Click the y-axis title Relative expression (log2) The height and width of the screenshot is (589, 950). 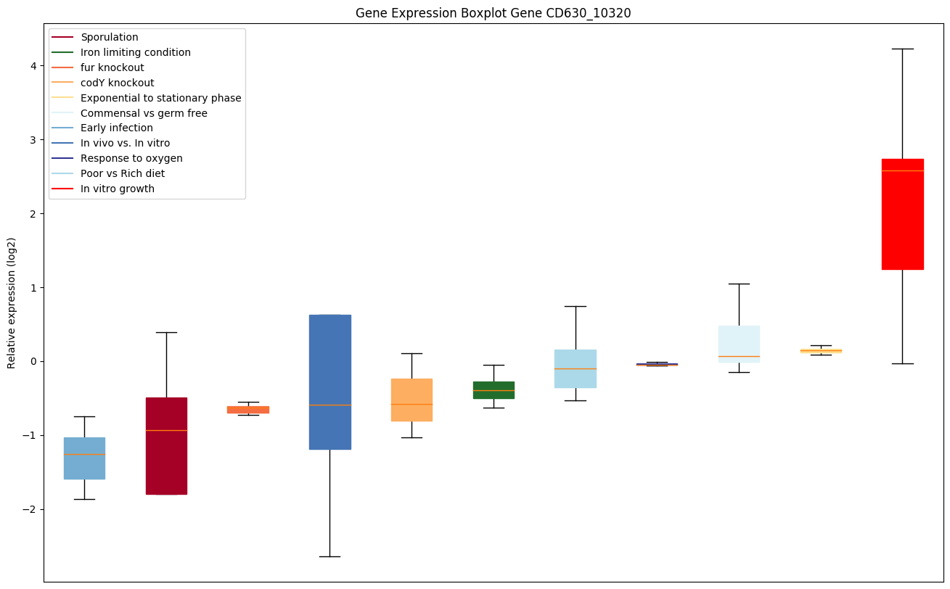click(12, 302)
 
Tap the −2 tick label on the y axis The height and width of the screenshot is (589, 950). click(30, 509)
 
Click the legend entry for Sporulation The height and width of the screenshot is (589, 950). click(110, 37)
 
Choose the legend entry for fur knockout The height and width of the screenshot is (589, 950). click(112, 67)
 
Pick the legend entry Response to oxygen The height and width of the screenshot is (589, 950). click(131, 158)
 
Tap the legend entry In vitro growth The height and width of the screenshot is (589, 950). click(118, 189)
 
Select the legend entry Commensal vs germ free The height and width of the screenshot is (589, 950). click(144, 113)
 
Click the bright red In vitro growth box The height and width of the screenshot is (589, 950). click(902, 218)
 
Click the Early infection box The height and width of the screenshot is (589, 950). click(84, 464)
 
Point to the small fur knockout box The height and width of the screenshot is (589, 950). click(248, 410)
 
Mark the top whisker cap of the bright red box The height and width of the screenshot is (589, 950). click(902, 49)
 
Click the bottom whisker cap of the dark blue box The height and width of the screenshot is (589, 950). click(329, 556)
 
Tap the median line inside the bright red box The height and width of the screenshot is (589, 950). click(902, 170)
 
